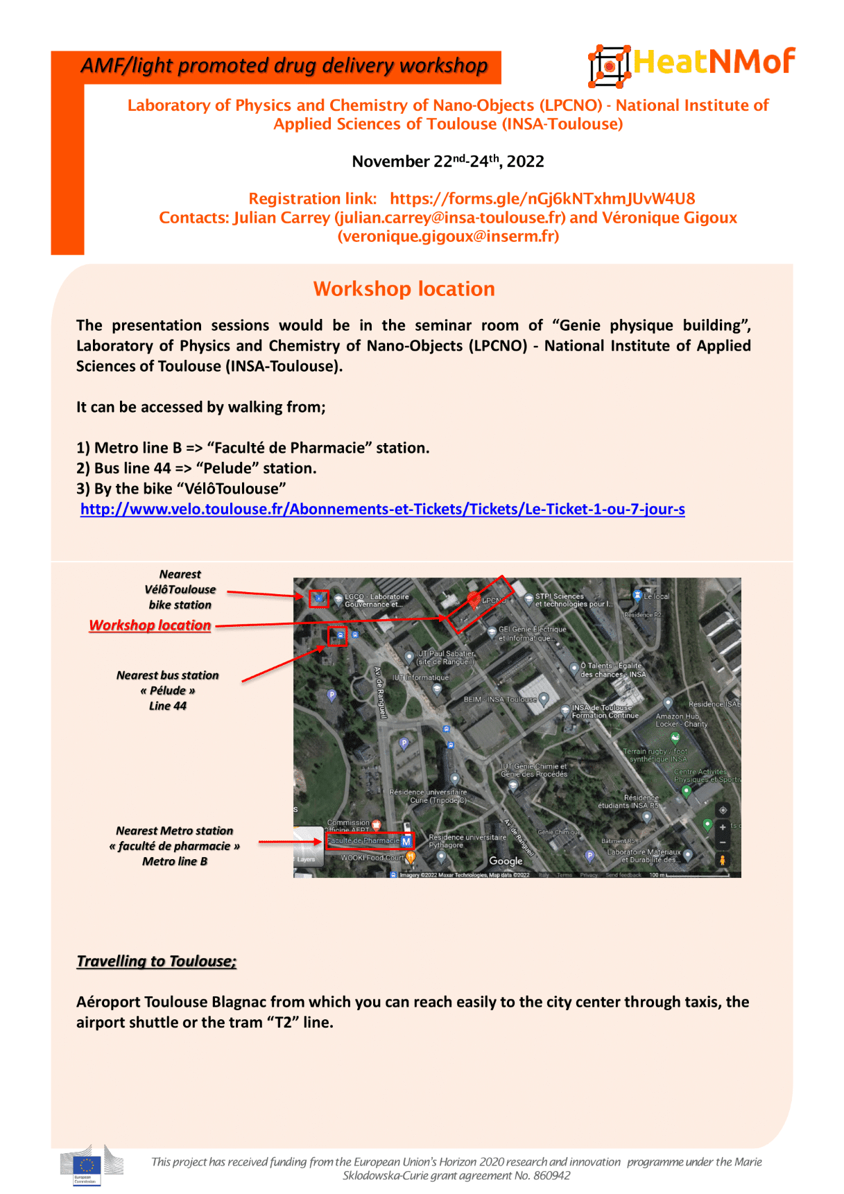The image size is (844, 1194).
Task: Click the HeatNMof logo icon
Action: click(x=609, y=66)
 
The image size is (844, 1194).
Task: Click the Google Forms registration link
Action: click(x=542, y=199)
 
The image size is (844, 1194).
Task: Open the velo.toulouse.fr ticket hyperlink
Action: click(x=382, y=510)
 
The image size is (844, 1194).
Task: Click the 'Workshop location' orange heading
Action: click(x=404, y=289)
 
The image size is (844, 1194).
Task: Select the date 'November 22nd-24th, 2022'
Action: click(x=447, y=162)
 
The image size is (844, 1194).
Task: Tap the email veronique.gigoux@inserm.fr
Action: click(x=448, y=236)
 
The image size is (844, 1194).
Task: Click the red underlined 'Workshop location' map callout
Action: click(x=150, y=625)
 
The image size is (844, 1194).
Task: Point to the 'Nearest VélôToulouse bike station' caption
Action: click(x=180, y=589)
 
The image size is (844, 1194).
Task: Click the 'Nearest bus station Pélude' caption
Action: click(x=168, y=691)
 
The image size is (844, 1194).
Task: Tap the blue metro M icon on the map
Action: click(x=406, y=841)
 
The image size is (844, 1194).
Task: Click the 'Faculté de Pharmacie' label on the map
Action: click(x=363, y=840)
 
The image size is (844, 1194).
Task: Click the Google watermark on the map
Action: click(x=506, y=861)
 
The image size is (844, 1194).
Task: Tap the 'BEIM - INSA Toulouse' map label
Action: click(x=500, y=700)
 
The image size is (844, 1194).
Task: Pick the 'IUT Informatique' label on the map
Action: click(x=420, y=677)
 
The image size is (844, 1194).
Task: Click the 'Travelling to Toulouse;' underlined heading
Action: click(x=156, y=962)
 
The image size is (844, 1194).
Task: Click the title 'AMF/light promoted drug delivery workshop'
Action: click(x=284, y=66)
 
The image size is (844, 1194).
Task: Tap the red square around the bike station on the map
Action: click(x=318, y=598)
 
